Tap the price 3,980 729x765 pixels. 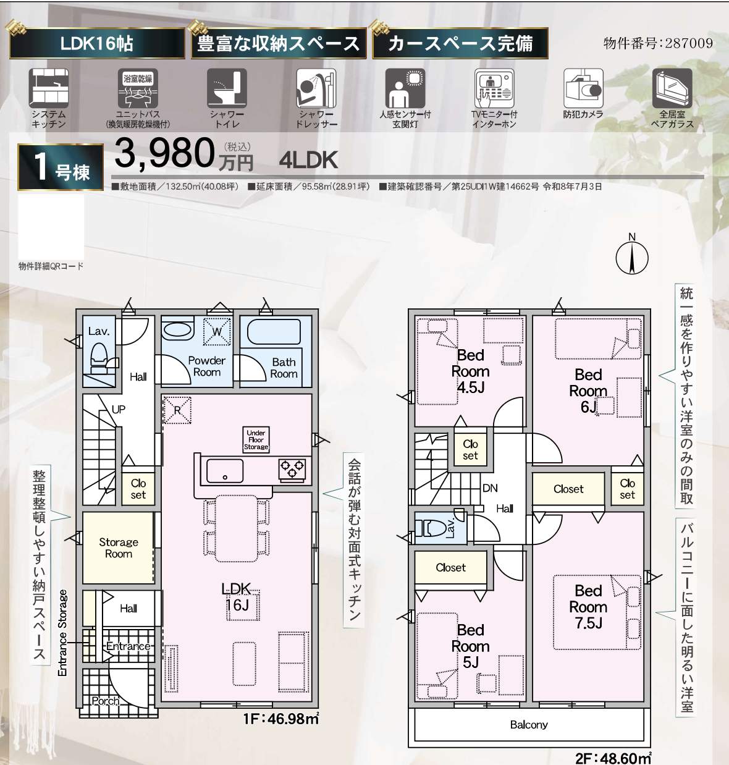[x=165, y=154]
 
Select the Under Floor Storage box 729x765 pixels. [x=256, y=440]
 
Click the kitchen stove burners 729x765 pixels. [x=292, y=468]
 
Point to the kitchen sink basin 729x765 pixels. [x=225, y=471]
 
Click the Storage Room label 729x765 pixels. [x=119, y=548]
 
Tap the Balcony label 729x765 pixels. [x=529, y=725]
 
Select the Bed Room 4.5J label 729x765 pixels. [x=470, y=371]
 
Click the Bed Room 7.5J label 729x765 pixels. [x=588, y=607]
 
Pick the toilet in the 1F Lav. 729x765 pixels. [x=99, y=358]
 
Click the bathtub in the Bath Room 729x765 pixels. [x=274, y=332]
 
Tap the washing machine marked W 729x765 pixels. [x=217, y=332]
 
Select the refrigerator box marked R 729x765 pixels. [x=177, y=410]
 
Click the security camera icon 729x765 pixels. [x=583, y=88]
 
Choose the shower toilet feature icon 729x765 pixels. [x=227, y=88]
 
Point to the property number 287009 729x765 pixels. [x=689, y=43]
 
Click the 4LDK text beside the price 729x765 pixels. [x=308, y=160]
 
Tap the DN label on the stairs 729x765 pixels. [x=490, y=488]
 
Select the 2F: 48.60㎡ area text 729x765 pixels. [x=613, y=758]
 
